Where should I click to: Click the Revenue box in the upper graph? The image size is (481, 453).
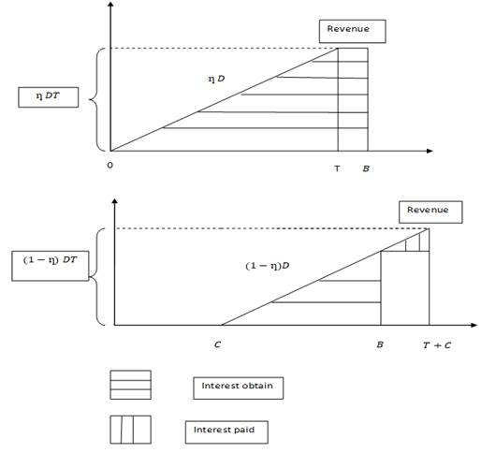[352, 31]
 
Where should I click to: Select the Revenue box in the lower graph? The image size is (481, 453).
[430, 212]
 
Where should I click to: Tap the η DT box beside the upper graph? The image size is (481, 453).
[48, 97]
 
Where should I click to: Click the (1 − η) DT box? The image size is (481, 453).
[51, 266]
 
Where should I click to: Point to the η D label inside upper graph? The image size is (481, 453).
[216, 79]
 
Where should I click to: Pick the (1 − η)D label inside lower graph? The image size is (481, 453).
[268, 266]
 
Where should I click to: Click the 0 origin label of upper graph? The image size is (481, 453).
[109, 166]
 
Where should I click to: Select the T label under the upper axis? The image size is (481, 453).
[337, 168]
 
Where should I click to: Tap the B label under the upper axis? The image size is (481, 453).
[366, 168]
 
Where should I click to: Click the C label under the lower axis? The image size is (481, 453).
[217, 344]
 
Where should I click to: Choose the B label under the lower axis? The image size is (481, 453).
[380, 344]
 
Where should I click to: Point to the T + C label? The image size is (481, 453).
[437, 345]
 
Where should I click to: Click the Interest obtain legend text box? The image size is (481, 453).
[239, 388]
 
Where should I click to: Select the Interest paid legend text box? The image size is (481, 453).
[226, 432]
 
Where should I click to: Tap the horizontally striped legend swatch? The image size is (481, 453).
[131, 385]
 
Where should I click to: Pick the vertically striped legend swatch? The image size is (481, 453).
[131, 430]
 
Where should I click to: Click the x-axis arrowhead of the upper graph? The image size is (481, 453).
[430, 151]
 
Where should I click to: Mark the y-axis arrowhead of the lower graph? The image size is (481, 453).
[115, 201]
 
